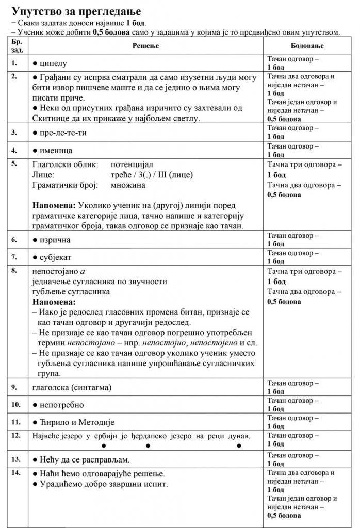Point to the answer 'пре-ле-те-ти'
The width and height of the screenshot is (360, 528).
(x=64, y=133)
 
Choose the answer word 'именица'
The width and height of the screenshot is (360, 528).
(x=57, y=151)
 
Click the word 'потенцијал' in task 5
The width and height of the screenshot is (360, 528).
(x=131, y=164)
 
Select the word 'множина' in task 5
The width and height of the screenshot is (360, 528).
(x=128, y=184)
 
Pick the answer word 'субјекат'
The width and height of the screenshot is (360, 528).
(x=58, y=257)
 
